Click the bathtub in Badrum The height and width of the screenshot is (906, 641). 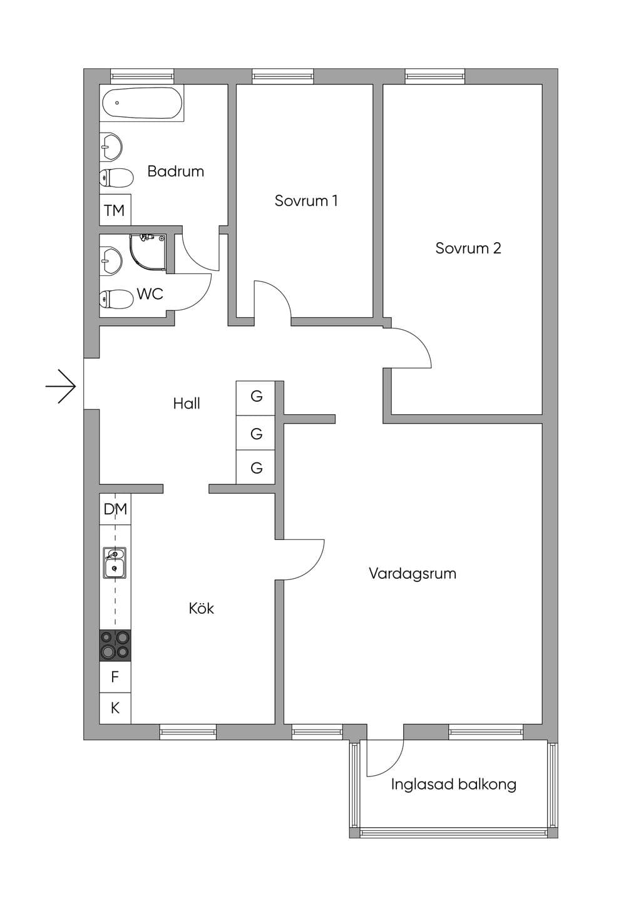141,103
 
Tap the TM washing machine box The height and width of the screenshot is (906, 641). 115,210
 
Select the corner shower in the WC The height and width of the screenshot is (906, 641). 148,252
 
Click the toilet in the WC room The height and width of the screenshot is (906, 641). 116,299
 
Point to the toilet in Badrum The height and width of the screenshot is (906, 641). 116,178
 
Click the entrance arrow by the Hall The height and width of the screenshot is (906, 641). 61,386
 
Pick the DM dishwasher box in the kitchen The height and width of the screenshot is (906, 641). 115,509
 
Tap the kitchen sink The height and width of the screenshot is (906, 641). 115,563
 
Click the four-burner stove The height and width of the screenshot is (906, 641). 115,646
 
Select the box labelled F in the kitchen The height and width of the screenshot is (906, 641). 115,677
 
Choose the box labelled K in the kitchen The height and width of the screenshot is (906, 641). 115,708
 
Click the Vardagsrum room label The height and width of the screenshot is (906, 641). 413,574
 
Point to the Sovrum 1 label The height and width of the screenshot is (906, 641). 306,201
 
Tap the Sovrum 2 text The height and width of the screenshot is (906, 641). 468,248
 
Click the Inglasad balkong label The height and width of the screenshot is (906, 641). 454,785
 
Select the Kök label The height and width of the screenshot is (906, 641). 201,608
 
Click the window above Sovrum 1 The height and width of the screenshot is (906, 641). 283,76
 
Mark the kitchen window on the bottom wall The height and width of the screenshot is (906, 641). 188,731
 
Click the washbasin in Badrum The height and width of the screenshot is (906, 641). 111,146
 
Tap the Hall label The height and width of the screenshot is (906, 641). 187,403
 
